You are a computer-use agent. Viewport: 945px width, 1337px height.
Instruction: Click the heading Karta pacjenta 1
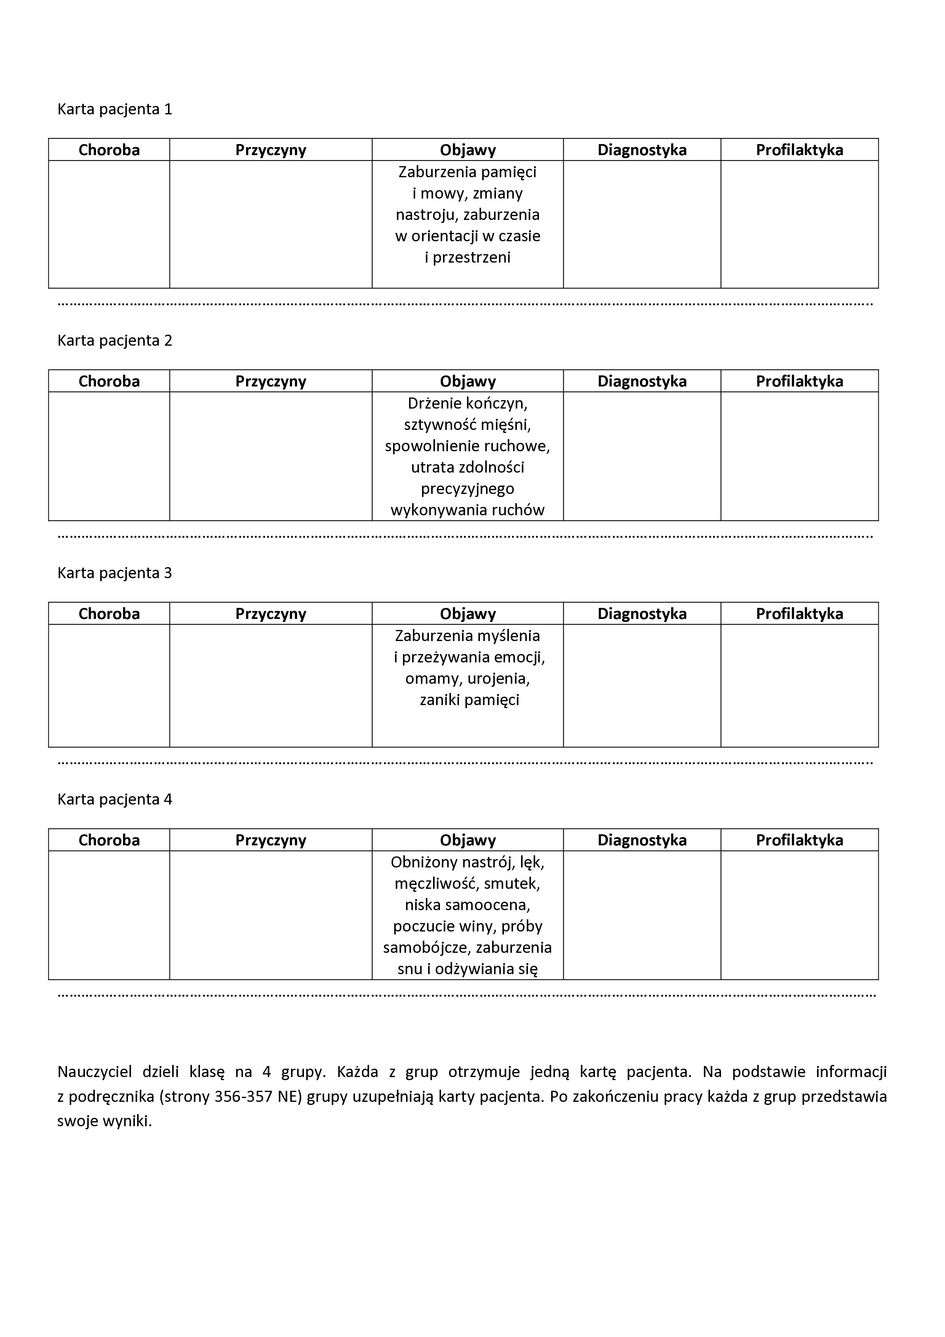coord(115,109)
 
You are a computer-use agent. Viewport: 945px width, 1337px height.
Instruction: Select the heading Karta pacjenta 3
coord(115,573)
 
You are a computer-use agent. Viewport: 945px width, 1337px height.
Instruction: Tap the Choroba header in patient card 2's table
coord(109,382)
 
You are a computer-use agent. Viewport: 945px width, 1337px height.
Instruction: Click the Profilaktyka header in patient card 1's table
coord(799,150)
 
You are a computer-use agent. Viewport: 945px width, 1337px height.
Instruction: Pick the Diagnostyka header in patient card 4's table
coord(642,840)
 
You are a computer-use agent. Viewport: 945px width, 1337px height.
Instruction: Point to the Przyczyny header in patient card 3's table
coord(270,614)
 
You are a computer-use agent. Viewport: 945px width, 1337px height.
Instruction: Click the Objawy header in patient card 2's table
coord(468,382)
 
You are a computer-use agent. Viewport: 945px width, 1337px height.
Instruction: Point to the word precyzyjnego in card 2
coord(467,489)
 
